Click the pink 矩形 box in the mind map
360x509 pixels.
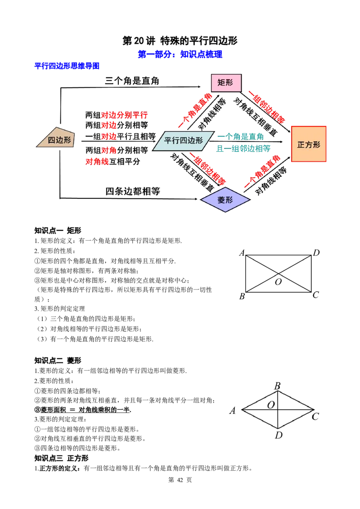[226, 82]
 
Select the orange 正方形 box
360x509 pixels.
[309, 144]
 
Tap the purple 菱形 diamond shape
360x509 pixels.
[225, 200]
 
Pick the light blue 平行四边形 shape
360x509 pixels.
[183, 141]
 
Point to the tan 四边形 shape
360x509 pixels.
[56, 138]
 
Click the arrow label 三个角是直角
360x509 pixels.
[132, 81]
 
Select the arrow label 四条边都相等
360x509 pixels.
[133, 191]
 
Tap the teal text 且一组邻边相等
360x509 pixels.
[243, 149]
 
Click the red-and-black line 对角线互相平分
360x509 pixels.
[113, 161]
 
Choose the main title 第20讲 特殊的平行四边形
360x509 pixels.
[180, 40]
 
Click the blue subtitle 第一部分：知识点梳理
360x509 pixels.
[180, 54]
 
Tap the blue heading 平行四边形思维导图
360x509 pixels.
[67, 66]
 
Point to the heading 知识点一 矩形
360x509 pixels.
[58, 231]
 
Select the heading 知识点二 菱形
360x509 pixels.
[58, 360]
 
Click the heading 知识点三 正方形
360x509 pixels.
[61, 458]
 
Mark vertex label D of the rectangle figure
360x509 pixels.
[316, 253]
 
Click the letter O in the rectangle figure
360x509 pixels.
[278, 282]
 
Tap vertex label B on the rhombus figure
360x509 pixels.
[277, 386]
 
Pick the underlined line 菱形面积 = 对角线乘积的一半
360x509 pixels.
[83, 410]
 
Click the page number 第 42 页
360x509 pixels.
[180, 480]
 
